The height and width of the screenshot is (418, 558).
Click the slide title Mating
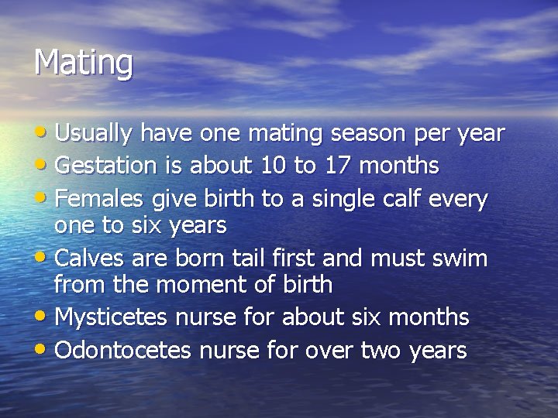83,63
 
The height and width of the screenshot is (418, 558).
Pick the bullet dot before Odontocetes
43,350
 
